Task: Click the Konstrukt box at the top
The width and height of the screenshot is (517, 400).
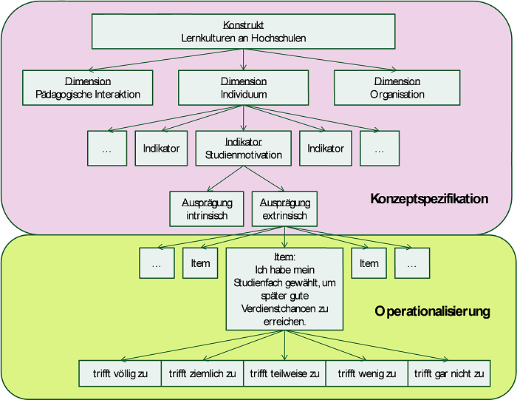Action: click(243, 31)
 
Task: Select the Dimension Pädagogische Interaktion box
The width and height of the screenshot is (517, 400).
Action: click(88, 88)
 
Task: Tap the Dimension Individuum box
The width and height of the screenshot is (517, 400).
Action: click(243, 88)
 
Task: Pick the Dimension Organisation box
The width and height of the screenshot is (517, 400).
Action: click(397, 88)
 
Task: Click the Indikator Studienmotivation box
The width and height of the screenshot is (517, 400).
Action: click(243, 148)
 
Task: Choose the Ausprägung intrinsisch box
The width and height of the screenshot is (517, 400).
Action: click(207, 209)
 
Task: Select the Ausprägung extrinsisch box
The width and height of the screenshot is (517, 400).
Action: click(284, 209)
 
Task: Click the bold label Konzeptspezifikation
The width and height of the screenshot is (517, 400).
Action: click(429, 199)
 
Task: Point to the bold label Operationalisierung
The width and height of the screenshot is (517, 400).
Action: click(432, 311)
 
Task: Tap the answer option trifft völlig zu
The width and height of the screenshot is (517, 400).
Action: click(120, 373)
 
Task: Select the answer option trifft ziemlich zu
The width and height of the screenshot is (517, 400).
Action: click(202, 373)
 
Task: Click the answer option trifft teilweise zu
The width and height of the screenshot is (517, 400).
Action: click(284, 373)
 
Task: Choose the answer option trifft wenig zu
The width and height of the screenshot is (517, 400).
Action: click(366, 373)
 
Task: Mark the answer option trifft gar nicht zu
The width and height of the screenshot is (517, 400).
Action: click(449, 373)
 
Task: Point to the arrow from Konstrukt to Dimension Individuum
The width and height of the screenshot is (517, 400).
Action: click(243, 60)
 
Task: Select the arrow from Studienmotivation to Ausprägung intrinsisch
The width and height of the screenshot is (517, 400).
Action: click(225, 178)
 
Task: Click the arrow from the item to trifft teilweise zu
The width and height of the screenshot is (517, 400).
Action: click(284, 345)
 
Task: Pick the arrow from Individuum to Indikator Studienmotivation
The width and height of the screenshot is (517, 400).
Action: click(243, 118)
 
